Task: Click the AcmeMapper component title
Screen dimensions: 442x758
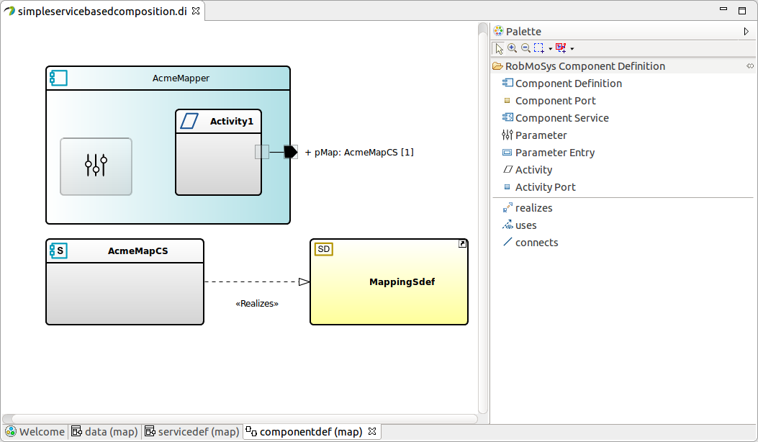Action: (181, 78)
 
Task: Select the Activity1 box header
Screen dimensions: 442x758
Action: (231, 122)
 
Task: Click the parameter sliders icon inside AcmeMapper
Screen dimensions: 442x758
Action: (96, 166)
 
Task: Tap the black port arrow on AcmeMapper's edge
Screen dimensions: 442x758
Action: (290, 152)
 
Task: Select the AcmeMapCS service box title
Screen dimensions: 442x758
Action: (137, 251)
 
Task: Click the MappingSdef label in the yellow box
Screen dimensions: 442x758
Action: (402, 281)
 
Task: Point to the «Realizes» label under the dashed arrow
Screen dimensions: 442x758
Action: (257, 304)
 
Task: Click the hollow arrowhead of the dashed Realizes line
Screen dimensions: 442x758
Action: (304, 281)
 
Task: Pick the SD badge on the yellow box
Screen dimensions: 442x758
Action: (324, 249)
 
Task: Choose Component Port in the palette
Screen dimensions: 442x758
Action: (555, 101)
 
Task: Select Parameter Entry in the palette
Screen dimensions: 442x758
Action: (554, 153)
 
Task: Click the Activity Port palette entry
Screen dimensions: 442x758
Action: (545, 187)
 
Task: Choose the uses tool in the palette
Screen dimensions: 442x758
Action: (525, 225)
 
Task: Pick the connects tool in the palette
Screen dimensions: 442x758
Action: (536, 243)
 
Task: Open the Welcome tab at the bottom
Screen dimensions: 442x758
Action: (41, 432)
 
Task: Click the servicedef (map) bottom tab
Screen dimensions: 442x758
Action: (198, 432)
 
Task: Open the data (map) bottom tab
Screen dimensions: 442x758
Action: (110, 432)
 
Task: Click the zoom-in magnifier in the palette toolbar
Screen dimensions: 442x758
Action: (512, 48)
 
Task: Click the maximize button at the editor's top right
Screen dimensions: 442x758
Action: (742, 10)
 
